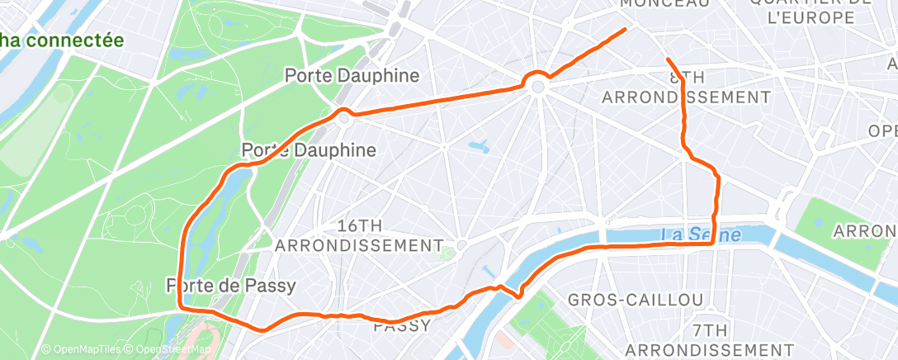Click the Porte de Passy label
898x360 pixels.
[x=230, y=285]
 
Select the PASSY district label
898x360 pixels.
[x=402, y=325]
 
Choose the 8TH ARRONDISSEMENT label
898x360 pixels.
[x=687, y=88]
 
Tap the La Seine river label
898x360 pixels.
[x=702, y=235]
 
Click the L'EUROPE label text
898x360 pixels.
[x=811, y=17]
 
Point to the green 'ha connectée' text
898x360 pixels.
[x=62, y=40]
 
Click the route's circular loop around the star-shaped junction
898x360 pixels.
[x=537, y=84]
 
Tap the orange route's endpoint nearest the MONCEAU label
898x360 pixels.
[x=626, y=29]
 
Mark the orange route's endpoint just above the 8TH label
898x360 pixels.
[x=667, y=59]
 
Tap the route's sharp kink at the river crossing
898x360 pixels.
[x=518, y=294]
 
